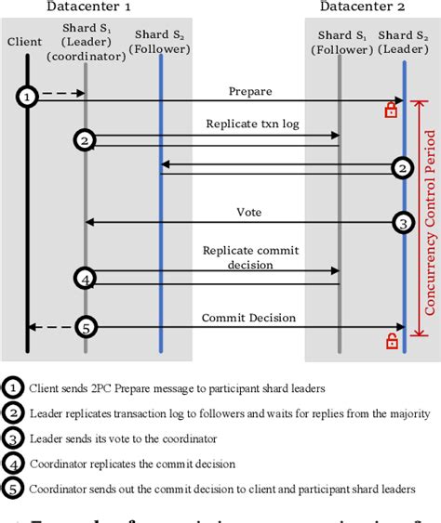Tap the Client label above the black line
[x=24, y=41]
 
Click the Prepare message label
[x=250, y=91]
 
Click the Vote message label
[x=248, y=212]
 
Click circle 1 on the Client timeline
[x=28, y=96]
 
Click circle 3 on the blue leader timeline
[x=402, y=223]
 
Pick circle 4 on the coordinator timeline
[x=86, y=278]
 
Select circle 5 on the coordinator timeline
[x=86, y=327]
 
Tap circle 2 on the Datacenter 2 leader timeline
[x=402, y=168]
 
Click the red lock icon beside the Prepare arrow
[x=392, y=111]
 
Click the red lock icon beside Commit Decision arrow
[x=392, y=342]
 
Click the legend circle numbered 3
[x=13, y=439]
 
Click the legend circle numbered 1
[x=13, y=388]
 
